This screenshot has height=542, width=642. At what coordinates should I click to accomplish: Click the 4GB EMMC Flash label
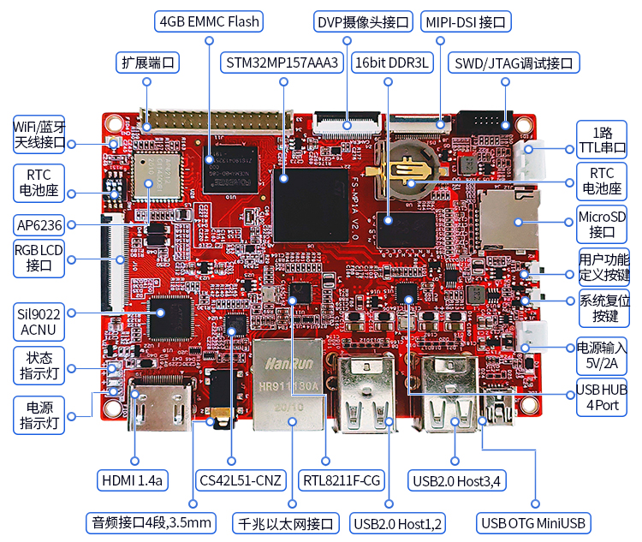(209, 21)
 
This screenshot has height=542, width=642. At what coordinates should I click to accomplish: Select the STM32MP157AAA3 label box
(282, 63)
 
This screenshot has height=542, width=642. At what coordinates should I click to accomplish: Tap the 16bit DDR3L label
(393, 63)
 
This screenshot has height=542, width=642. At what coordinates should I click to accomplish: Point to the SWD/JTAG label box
(515, 63)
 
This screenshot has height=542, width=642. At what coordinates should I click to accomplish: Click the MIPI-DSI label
(467, 21)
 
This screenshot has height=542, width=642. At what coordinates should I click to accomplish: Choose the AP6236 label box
(39, 225)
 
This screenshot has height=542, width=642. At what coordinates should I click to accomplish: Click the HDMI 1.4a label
(133, 480)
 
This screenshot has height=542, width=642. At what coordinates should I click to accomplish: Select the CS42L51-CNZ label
(240, 480)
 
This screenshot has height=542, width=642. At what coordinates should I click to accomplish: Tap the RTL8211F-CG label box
(342, 480)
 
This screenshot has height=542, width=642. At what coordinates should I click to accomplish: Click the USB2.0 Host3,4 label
(456, 480)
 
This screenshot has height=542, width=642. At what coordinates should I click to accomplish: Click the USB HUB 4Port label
(603, 396)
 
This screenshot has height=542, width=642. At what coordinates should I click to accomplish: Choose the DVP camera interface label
(364, 21)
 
